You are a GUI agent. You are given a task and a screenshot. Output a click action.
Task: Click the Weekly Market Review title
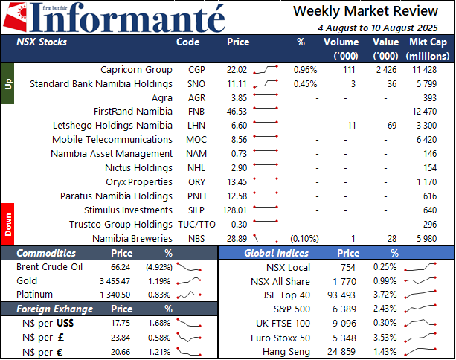[365, 11]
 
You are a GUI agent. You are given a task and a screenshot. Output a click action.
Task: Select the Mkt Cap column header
[428, 48]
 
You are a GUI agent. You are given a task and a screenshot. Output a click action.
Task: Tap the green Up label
[7, 84]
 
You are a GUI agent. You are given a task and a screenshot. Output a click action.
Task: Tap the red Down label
[7, 224]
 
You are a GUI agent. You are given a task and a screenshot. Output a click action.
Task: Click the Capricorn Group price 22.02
[237, 70]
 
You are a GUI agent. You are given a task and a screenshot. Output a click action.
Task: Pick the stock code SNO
[196, 84]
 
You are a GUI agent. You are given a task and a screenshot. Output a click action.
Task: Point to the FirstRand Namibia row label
[133, 112]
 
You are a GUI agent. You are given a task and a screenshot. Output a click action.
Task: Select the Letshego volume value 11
[352, 126]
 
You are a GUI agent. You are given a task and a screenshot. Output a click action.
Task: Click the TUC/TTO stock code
[196, 225]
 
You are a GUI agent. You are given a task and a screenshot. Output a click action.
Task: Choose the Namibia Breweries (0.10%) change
[304, 239]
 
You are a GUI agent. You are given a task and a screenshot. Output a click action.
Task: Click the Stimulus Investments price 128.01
[234, 210]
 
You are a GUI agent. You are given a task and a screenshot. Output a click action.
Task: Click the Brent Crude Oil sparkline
[189, 267]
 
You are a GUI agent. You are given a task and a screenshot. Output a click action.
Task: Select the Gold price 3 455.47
[115, 281]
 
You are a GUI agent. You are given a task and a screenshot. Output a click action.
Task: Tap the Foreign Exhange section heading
[54, 309]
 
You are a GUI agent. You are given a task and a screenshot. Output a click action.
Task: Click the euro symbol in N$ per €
[60, 353]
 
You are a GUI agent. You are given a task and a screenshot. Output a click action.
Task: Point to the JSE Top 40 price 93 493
[341, 295]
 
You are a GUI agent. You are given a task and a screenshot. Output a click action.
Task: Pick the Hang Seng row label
[286, 352]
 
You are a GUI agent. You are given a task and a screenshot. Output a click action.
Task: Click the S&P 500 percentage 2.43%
[385, 309]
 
